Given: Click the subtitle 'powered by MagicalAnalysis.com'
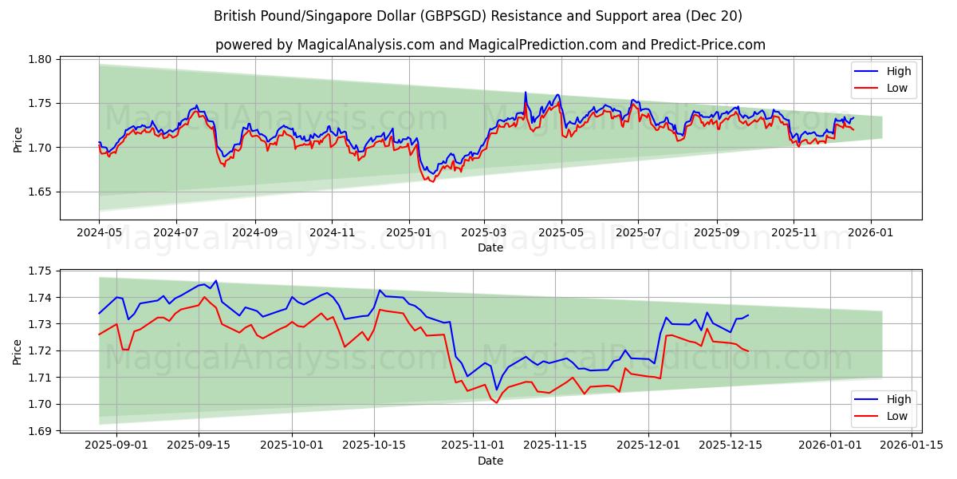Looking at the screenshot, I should (x=490, y=45).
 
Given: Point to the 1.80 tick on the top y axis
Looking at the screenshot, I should (x=41, y=59).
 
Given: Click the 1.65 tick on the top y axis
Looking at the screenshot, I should (x=41, y=192).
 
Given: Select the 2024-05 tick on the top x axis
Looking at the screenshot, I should (x=99, y=232).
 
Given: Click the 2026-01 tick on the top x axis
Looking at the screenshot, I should (x=870, y=232).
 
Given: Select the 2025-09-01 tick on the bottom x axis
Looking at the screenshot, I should (x=116, y=445).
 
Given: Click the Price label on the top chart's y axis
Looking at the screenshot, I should (x=18, y=139).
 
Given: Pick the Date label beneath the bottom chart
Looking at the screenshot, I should (x=490, y=461).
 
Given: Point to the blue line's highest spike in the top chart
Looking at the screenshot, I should (x=525, y=93).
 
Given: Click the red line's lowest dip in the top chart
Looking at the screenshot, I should (x=432, y=182).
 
